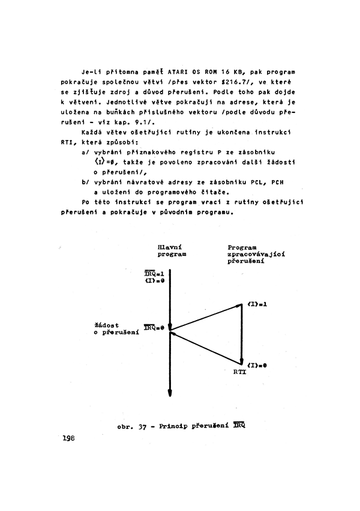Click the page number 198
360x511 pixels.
[68, 439]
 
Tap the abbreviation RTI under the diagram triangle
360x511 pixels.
[240, 372]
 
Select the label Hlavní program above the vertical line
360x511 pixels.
[170, 250]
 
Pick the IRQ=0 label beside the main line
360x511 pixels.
[155, 328]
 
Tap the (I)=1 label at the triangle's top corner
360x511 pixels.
[257, 304]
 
